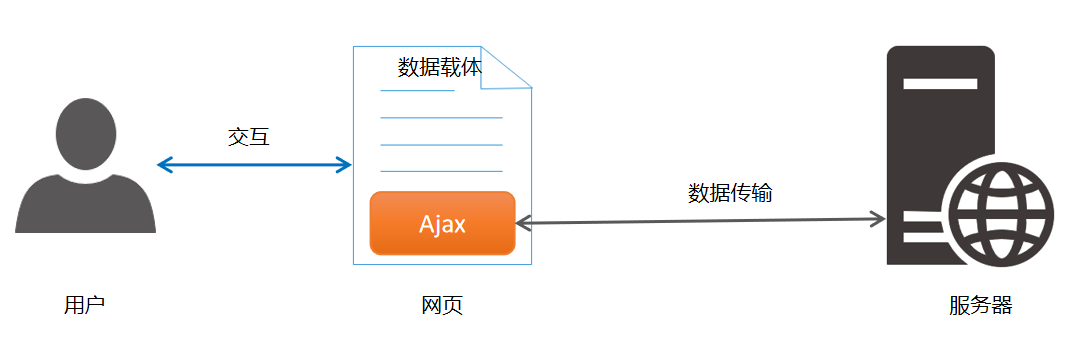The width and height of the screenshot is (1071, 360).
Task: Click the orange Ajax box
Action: pos(442,223)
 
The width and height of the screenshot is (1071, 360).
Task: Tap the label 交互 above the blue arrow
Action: pos(249,137)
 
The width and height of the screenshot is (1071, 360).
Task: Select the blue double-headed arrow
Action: pos(254,165)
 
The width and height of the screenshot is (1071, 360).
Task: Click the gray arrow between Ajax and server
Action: pos(700,220)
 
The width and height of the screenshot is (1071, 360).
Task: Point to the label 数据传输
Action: pos(730,193)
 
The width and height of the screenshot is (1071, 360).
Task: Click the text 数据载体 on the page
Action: pos(440,68)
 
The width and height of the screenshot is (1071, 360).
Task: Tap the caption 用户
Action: pos(85,305)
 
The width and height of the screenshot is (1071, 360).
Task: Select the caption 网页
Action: pos(442,305)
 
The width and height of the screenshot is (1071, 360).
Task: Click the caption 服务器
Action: pos(980,305)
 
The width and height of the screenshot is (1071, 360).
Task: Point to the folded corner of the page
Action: pos(504,68)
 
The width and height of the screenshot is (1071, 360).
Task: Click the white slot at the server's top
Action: pos(940,83)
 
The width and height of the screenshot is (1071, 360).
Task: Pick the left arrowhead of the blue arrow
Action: pos(165,165)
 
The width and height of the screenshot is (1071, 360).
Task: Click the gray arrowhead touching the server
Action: pos(878,219)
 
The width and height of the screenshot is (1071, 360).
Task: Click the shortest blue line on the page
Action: pos(417,90)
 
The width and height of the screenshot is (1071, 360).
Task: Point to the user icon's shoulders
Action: pos(85,204)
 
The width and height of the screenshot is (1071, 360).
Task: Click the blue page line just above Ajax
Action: pos(441,171)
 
